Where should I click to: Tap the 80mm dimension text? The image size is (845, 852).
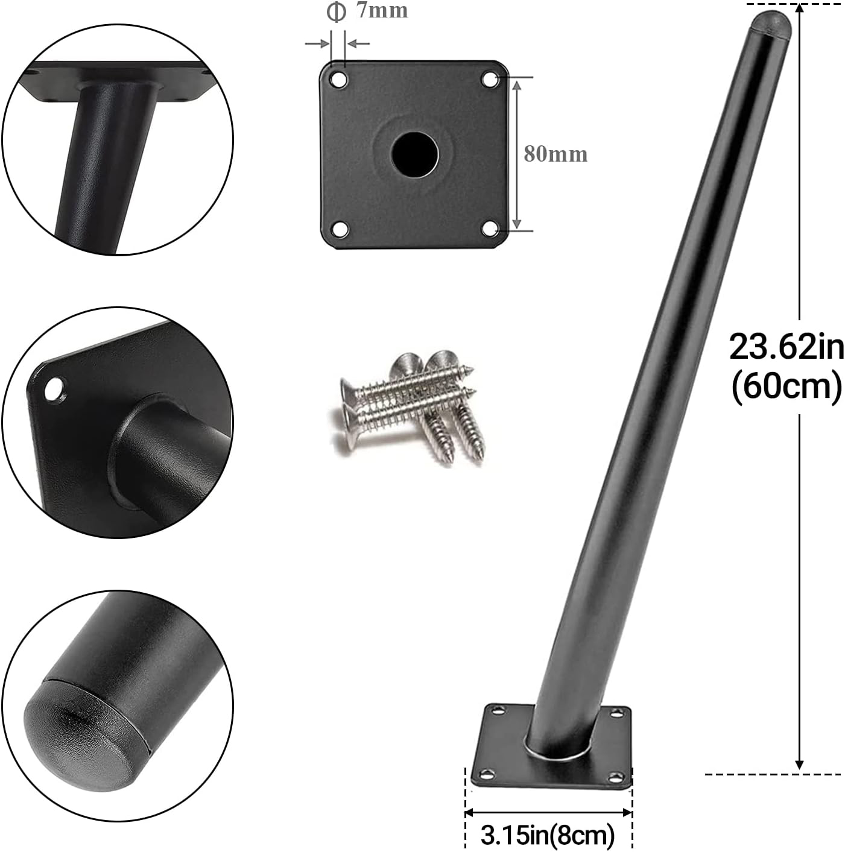[x=555, y=154]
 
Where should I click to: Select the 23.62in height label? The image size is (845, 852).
[x=786, y=347]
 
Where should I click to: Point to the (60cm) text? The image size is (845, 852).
[x=786, y=387]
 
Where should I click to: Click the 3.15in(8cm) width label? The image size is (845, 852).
[x=548, y=833]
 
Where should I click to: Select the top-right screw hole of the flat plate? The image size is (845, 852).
[x=490, y=80]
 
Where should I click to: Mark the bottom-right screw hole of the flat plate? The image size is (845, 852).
[x=489, y=229]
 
